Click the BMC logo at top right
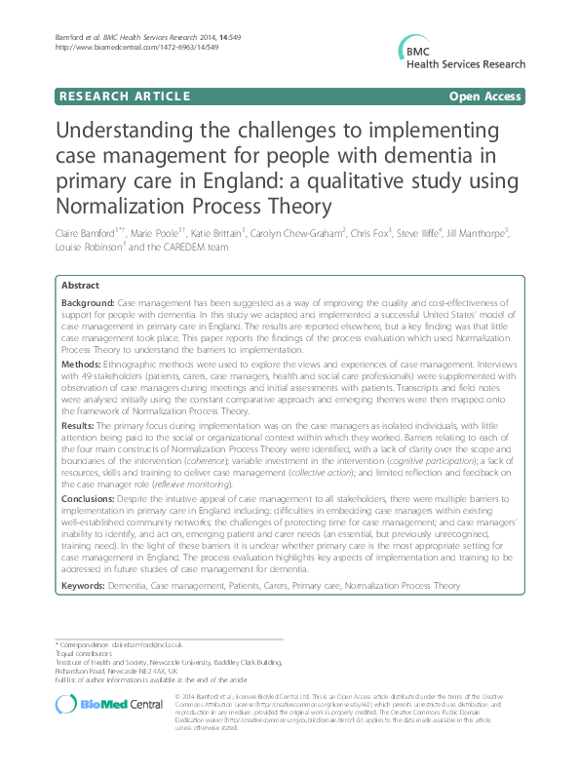(456, 56)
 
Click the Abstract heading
(80, 286)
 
